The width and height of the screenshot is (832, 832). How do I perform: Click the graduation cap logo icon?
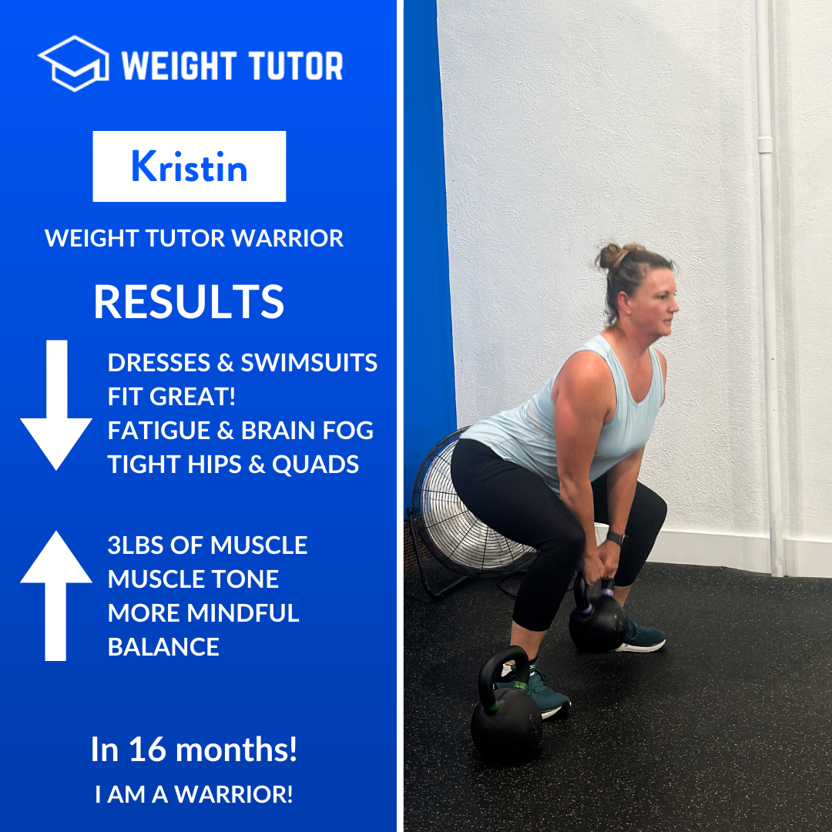pyautogui.click(x=73, y=63)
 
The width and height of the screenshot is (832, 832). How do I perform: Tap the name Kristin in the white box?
pyautogui.click(x=189, y=166)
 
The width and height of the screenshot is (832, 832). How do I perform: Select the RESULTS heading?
pyautogui.click(x=189, y=302)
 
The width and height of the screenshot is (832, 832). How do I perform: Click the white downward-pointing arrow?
pyautogui.click(x=56, y=404)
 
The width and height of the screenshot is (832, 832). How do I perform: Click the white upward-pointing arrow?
pyautogui.click(x=56, y=595)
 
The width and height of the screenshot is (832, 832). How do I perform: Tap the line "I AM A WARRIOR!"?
pyautogui.click(x=194, y=794)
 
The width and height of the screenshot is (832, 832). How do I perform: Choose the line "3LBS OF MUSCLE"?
pyautogui.click(x=207, y=545)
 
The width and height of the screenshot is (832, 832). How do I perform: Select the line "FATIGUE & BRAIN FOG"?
pyautogui.click(x=240, y=431)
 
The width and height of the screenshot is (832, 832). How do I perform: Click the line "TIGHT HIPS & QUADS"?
pyautogui.click(x=233, y=465)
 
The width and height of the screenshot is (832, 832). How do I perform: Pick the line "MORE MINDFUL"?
pyautogui.click(x=203, y=613)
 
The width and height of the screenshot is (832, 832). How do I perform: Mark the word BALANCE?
pyautogui.click(x=163, y=647)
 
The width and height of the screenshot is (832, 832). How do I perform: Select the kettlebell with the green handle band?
pyautogui.click(x=506, y=707)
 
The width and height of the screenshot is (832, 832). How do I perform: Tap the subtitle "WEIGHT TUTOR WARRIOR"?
pyautogui.click(x=194, y=238)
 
